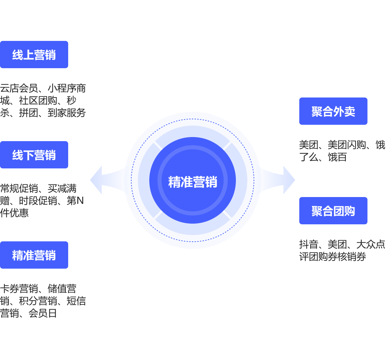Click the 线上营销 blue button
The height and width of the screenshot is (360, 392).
(34, 55)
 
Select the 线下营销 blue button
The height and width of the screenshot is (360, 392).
(34, 155)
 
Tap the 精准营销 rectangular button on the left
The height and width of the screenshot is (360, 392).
(34, 255)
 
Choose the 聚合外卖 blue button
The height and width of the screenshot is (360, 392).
(333, 111)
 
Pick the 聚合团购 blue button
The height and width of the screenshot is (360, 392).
(333, 211)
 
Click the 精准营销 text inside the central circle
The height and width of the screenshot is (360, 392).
(193, 182)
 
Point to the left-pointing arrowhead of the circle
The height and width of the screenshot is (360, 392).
(96, 180)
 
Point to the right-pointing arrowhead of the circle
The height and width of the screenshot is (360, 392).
(289, 180)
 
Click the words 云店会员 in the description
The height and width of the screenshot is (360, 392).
(19, 89)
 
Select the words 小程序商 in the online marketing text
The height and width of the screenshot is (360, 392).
(66, 89)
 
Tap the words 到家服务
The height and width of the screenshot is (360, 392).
(66, 113)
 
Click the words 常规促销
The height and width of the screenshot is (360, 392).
(19, 189)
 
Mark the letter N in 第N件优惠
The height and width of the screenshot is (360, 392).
(80, 201)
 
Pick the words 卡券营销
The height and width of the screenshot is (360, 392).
(19, 289)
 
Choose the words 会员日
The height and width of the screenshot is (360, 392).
(43, 313)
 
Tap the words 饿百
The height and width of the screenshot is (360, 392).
(337, 157)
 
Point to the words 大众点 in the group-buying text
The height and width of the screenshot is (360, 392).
(371, 244)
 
